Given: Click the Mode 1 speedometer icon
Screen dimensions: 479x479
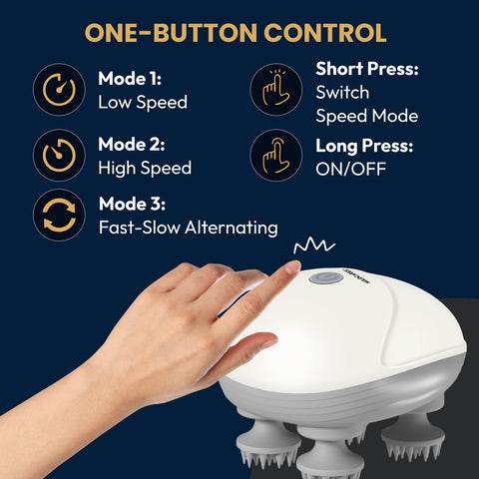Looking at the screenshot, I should tap(59, 91).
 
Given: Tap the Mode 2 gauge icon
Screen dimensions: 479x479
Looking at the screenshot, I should tap(59, 156).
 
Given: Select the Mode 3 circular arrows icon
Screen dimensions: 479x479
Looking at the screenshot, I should tap(59, 216).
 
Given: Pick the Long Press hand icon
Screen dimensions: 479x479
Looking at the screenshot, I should tap(275, 156).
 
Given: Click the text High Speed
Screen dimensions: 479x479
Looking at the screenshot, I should tap(145, 168).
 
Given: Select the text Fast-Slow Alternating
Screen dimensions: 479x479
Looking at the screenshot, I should tap(188, 228).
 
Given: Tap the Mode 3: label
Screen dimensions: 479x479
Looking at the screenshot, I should tap(135, 205).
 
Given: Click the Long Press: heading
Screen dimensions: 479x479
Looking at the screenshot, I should tap(363, 146).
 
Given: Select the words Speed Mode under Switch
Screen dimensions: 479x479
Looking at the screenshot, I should tap(366, 116).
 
